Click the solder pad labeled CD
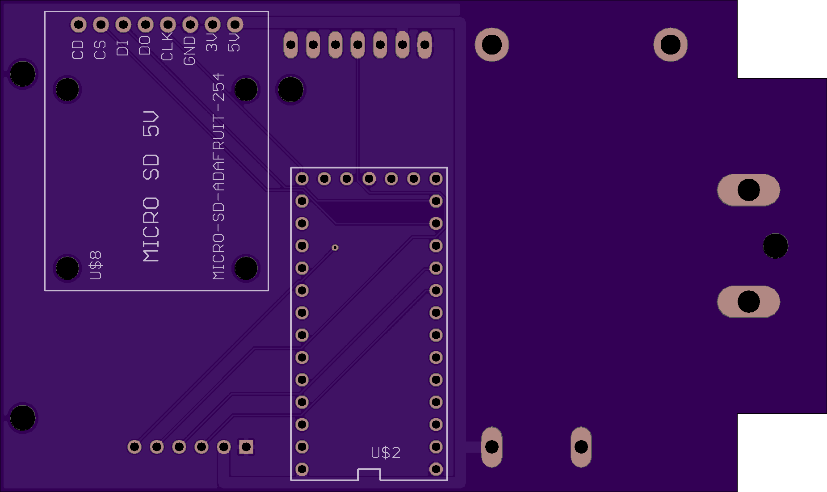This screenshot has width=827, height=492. tap(79, 25)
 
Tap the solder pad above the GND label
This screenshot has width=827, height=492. tap(190, 25)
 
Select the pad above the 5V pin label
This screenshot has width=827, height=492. tap(235, 25)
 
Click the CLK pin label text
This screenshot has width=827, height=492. tap(167, 46)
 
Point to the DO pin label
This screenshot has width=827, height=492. tap(145, 46)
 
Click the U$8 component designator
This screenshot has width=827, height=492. tap(96, 265)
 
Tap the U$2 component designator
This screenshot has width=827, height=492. tap(386, 453)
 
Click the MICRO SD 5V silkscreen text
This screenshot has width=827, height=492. tap(151, 186)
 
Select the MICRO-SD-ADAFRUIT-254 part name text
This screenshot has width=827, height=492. tap(218, 177)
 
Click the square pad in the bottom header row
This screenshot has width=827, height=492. tap(246, 447)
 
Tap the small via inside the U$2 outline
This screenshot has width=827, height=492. tap(335, 248)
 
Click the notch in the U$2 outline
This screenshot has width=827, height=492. tap(369, 474)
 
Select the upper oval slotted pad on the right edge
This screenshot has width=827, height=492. tap(749, 190)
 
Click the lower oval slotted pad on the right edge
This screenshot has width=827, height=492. tap(749, 302)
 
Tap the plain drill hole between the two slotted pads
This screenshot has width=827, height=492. tap(776, 246)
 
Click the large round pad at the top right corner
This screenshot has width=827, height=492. tap(671, 45)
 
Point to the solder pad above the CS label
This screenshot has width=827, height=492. tap(101, 25)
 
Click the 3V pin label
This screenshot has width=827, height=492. tap(212, 42)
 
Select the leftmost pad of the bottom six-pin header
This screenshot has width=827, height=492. tap(134, 447)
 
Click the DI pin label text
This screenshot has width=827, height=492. tap(122, 47)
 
